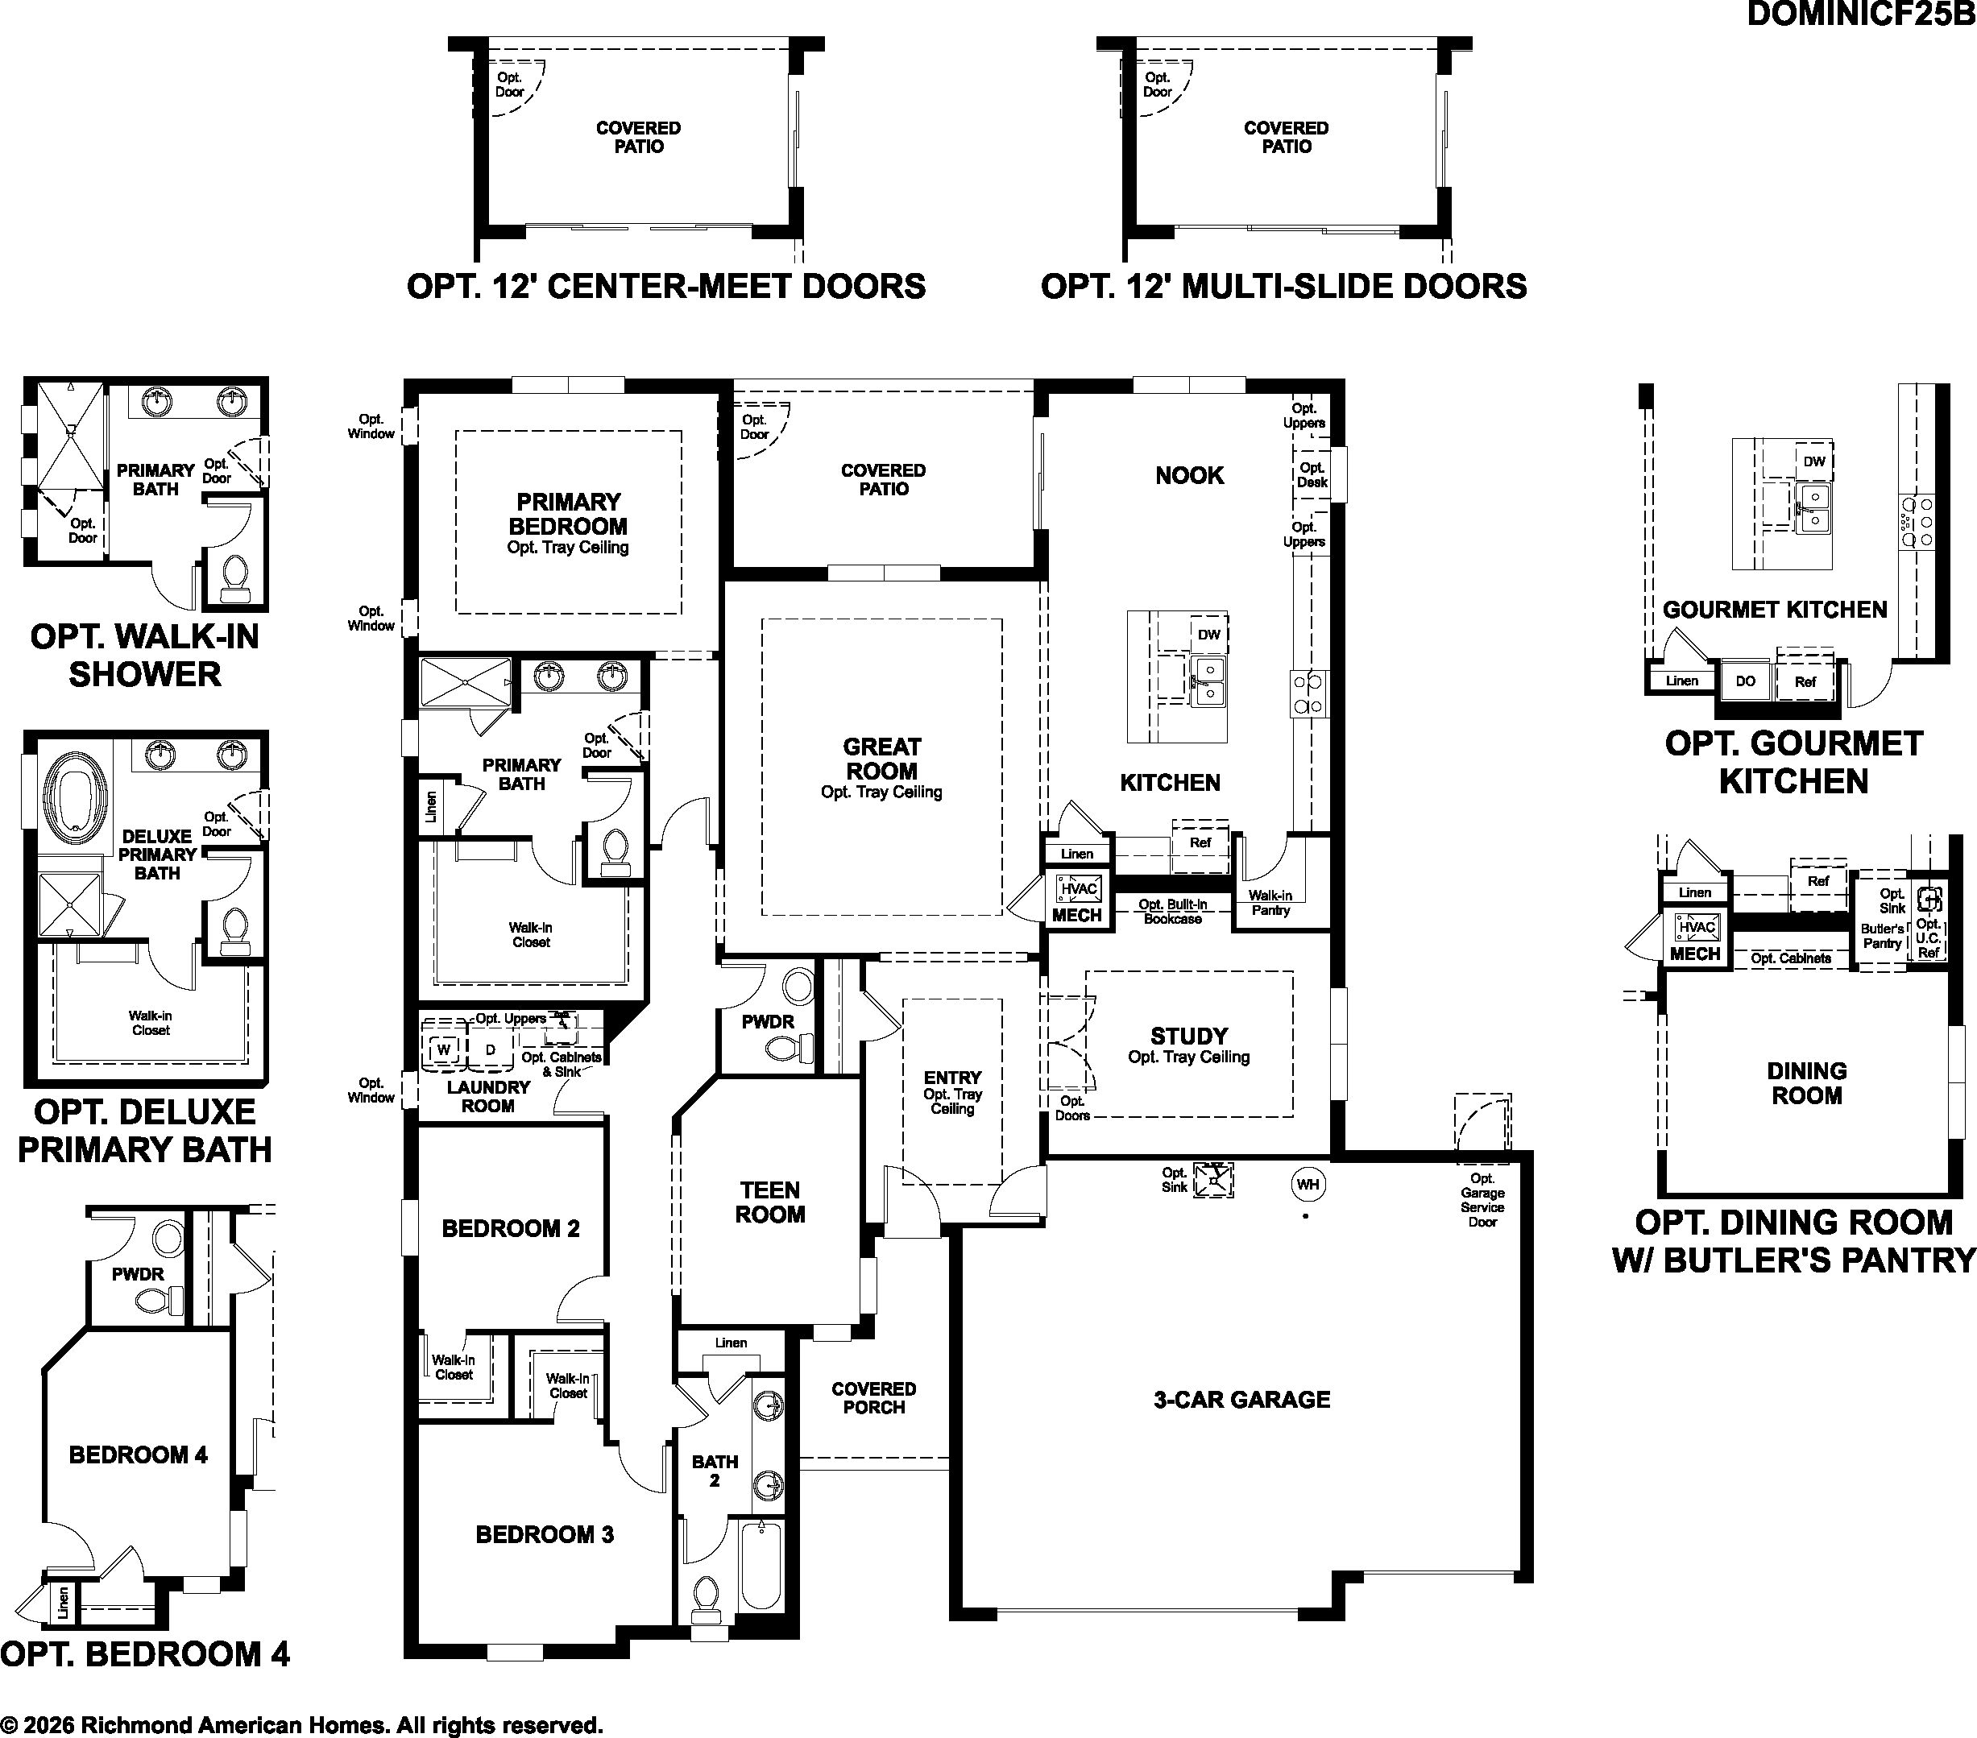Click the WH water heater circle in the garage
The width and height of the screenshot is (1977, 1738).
coord(1308,1184)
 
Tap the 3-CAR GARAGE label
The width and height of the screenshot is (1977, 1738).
coord(1242,1400)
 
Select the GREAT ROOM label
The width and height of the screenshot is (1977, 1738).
coord(881,759)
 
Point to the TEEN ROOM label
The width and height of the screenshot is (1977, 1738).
coord(770,1202)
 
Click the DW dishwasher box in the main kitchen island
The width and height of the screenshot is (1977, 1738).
coord(1209,635)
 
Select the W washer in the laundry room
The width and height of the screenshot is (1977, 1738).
coord(444,1049)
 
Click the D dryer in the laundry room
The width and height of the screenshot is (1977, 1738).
coord(491,1049)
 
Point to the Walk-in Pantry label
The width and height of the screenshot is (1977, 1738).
coord(1270,902)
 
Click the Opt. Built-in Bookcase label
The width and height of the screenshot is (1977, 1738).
coord(1172,911)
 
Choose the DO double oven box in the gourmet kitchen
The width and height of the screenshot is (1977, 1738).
coord(1745,681)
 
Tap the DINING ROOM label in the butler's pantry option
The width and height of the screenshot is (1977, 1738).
coord(1807,1083)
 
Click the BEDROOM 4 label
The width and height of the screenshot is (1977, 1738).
coord(139,1455)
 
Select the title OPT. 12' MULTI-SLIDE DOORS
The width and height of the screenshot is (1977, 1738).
coord(1283,286)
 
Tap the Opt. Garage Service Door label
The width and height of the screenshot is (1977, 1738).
coord(1482,1200)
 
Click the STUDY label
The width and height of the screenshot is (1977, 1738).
coord(1189,1036)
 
